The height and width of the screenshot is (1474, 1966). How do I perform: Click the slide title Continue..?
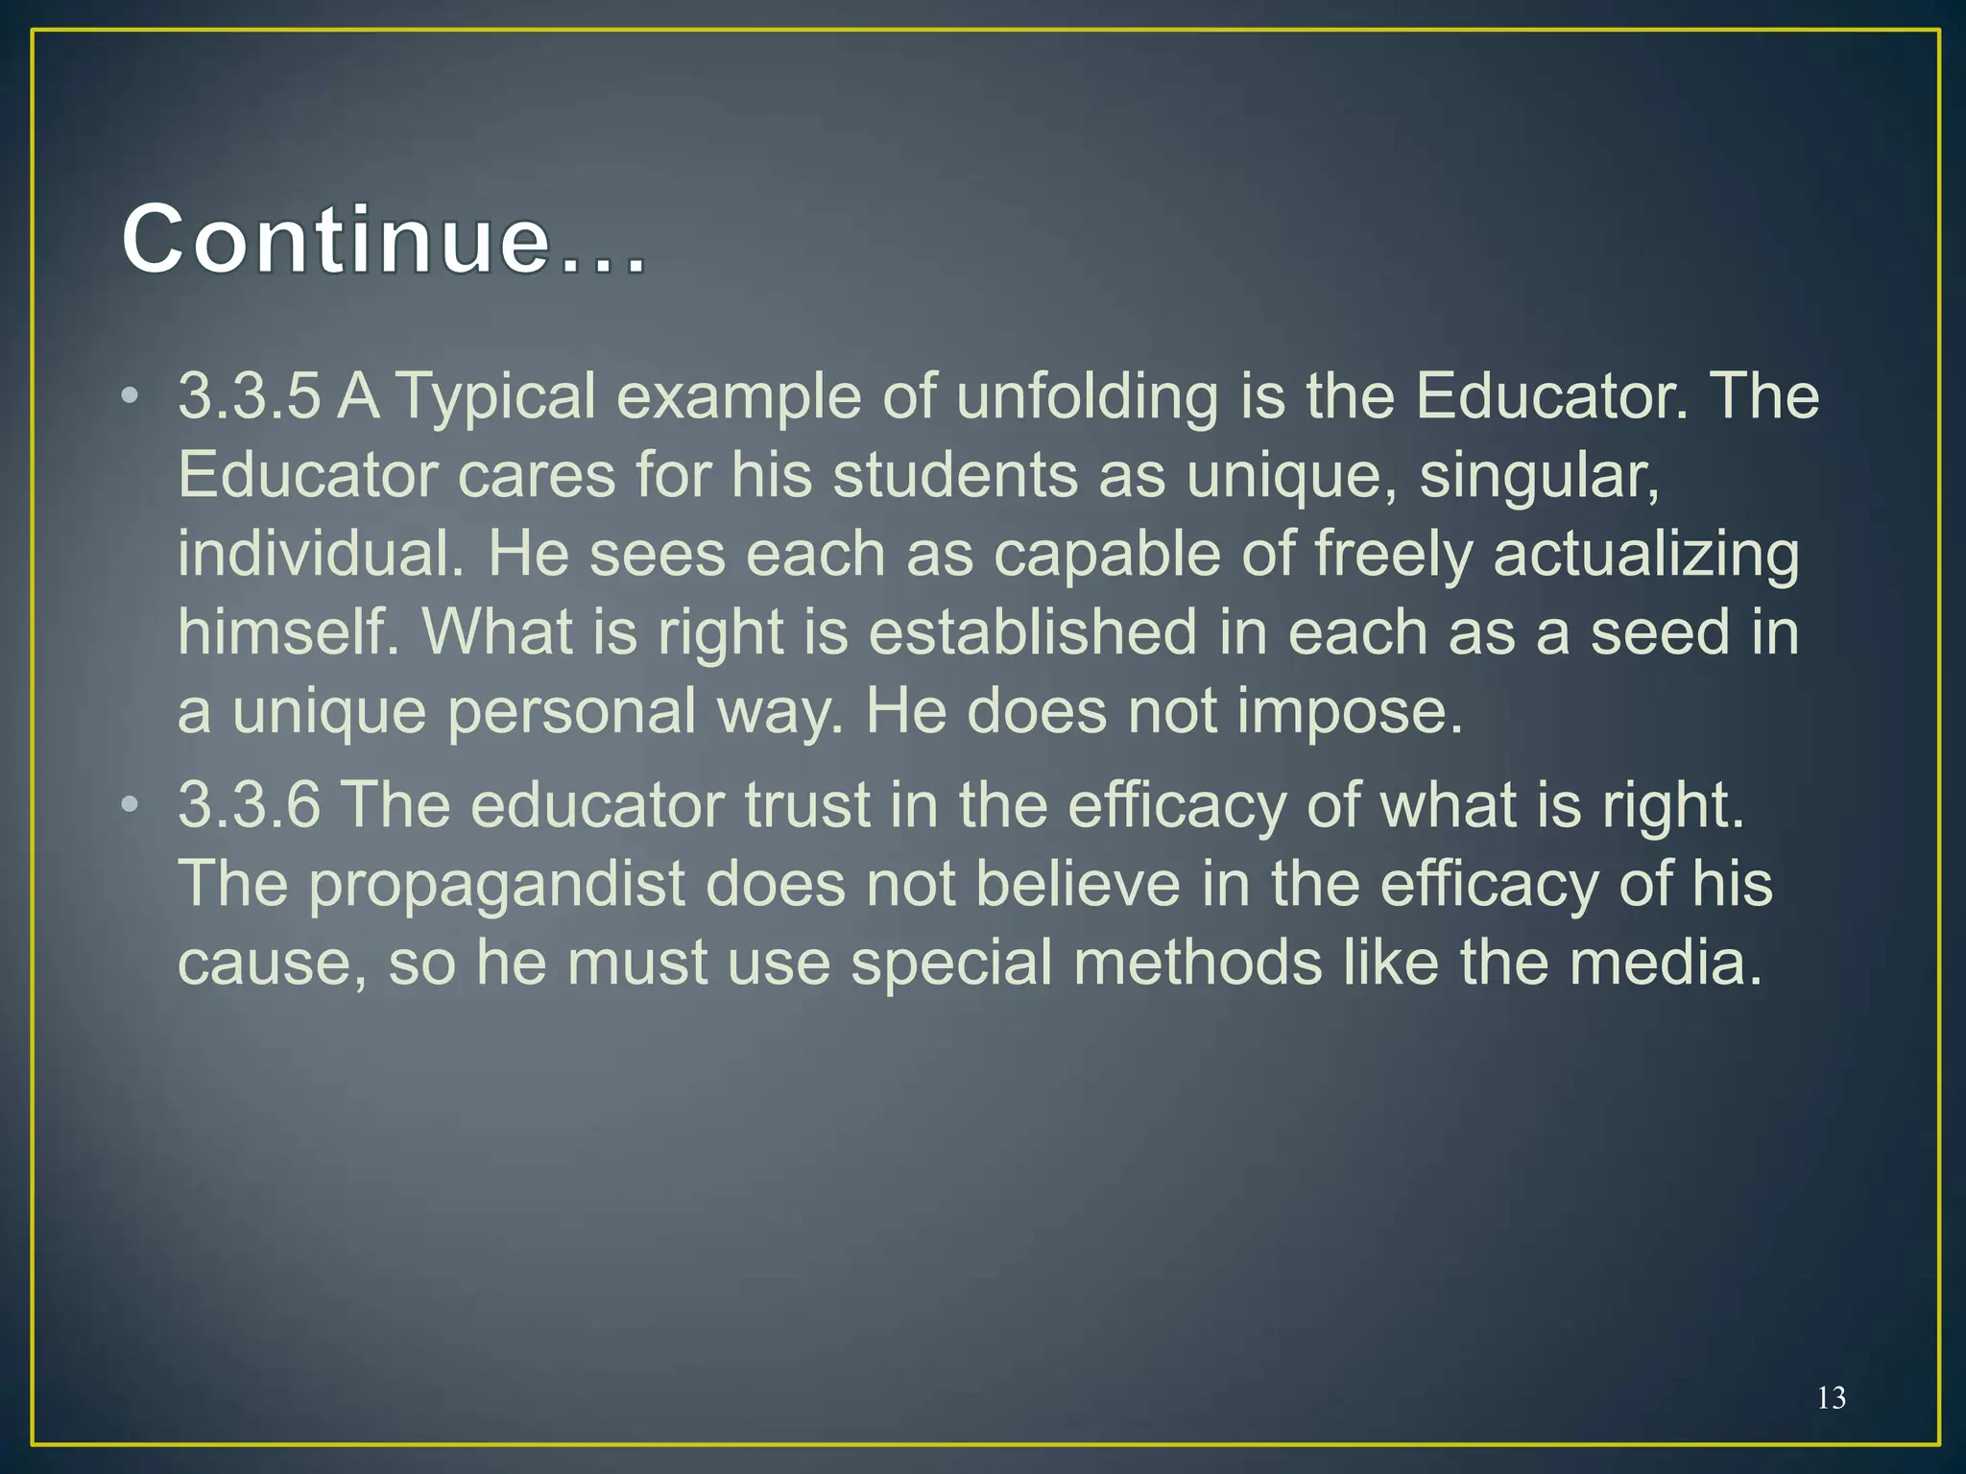(384, 240)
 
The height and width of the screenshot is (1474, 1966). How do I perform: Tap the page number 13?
(1831, 1398)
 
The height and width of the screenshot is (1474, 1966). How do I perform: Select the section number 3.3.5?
(249, 396)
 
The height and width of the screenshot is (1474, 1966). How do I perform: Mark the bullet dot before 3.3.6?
(131, 805)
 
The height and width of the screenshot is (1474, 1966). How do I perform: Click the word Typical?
(495, 398)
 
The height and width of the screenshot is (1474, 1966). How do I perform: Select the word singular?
(1538, 477)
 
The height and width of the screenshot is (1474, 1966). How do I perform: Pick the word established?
(1033, 632)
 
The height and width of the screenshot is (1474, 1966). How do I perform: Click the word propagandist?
(496, 885)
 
